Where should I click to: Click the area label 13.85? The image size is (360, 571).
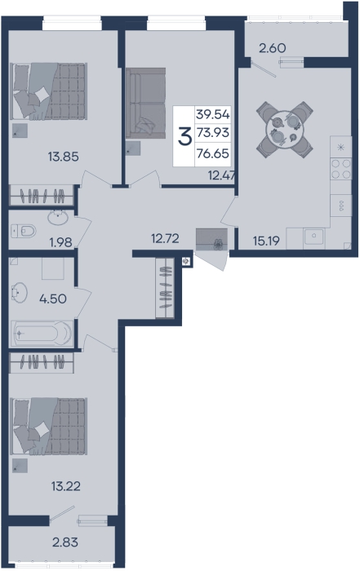click(x=64, y=157)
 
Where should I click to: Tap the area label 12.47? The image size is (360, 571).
click(x=221, y=175)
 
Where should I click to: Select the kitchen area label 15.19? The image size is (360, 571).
click(x=266, y=241)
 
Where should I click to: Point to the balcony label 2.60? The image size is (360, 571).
click(x=272, y=47)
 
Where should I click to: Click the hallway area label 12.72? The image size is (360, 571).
click(x=165, y=238)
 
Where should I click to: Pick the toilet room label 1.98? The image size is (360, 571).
click(x=61, y=242)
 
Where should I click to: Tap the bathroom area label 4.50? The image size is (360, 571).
click(x=53, y=299)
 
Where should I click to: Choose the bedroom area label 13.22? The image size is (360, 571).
click(x=66, y=486)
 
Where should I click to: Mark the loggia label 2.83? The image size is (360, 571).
click(x=65, y=542)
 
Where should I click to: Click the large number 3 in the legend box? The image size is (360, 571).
click(x=184, y=136)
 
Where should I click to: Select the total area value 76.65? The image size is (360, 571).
click(x=213, y=153)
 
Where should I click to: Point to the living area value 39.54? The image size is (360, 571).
click(x=213, y=114)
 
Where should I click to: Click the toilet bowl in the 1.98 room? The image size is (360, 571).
click(x=24, y=231)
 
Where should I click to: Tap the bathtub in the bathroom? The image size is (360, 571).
click(x=42, y=333)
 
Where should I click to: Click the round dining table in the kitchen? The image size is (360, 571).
click(x=285, y=130)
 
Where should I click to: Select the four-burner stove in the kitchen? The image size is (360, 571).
click(x=340, y=169)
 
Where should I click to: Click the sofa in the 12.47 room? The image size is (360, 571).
click(x=146, y=103)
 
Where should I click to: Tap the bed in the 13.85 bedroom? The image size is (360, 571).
click(x=49, y=91)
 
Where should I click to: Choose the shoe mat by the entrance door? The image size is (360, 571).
click(x=211, y=240)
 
